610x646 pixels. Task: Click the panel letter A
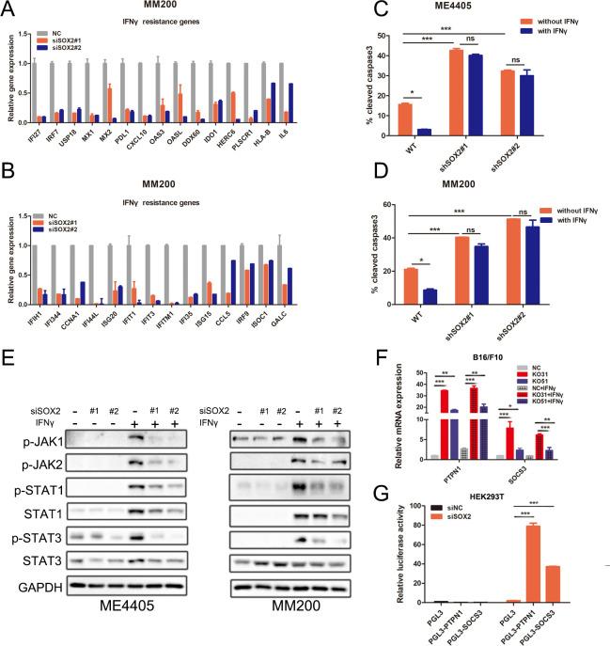click(x=8, y=8)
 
